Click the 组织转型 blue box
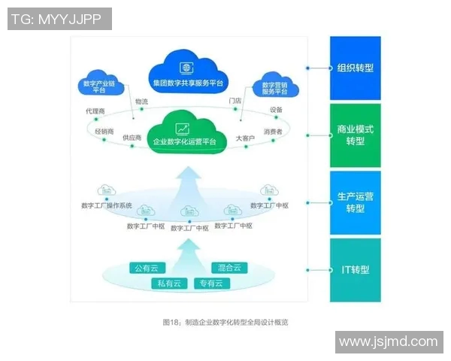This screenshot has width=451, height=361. pos(356,68)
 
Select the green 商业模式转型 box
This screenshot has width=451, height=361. pos(356,135)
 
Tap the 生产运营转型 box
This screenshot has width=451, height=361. pos(356,202)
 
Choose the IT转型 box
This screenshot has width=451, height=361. pos(356,269)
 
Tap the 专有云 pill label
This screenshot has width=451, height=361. pos(210,284)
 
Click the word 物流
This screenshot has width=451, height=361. pos(141,101)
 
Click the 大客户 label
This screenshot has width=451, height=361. pos(246,138)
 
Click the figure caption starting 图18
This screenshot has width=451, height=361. pos(225,322)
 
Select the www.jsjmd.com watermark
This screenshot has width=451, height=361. pos(388,341)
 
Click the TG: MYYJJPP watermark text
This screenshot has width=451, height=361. pos(59,19)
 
